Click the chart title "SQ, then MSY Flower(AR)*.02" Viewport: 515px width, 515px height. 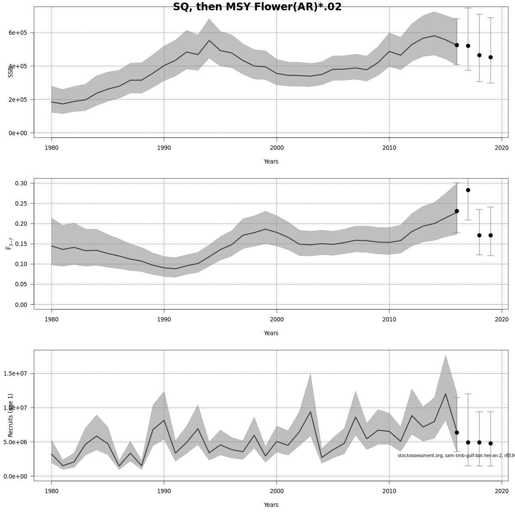point(257,7)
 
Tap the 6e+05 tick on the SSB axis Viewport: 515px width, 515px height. point(18,33)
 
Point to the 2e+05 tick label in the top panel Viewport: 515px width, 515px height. point(18,100)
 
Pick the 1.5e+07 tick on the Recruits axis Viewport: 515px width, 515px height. point(15,373)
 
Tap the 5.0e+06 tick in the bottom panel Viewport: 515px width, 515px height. point(15,442)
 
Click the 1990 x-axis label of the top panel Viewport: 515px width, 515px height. point(164,148)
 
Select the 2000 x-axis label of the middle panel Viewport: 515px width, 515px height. point(276,320)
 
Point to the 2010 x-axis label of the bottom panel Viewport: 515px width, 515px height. point(389,491)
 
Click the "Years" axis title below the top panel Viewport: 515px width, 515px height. point(271,162)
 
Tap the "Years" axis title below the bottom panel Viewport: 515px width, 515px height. point(271,505)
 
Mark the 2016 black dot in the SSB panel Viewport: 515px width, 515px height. point(457,45)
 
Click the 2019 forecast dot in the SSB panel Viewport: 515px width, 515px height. point(491,57)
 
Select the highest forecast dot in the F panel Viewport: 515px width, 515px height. point(468,190)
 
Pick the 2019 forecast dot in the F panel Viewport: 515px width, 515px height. point(491,235)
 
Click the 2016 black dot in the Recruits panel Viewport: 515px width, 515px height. point(457,433)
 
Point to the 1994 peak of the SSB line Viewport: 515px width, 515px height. point(209,41)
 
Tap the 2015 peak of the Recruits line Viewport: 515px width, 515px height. point(445,394)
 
